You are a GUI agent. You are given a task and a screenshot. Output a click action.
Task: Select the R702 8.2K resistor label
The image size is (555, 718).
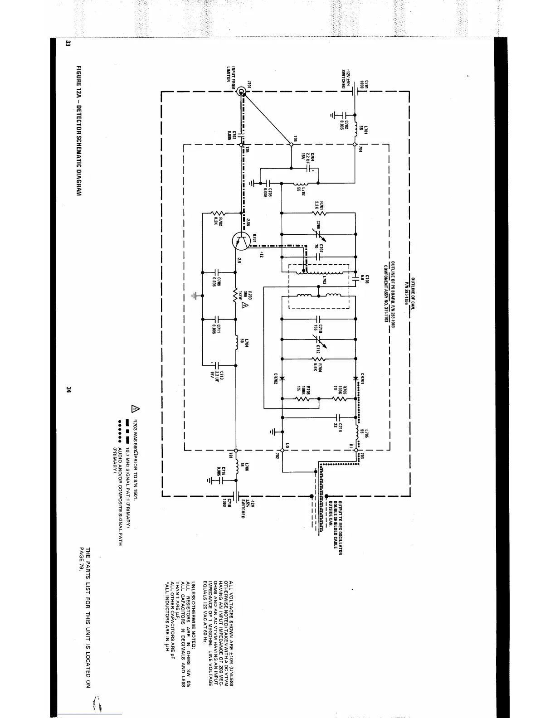pos(220,221)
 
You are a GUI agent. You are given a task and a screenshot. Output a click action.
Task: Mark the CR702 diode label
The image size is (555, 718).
pos(276,378)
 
